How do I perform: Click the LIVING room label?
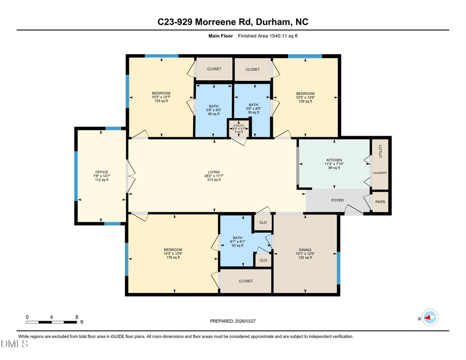[x=214, y=172]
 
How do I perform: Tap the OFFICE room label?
[x=101, y=172]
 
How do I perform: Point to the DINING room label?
[x=304, y=249]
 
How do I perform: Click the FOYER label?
[x=338, y=199]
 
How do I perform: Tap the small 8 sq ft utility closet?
[x=239, y=128]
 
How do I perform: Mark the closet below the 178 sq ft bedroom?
[x=245, y=281]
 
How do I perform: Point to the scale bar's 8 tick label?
[x=77, y=317]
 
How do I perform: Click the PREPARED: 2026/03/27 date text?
[x=232, y=321]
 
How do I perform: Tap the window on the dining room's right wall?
[x=339, y=268]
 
